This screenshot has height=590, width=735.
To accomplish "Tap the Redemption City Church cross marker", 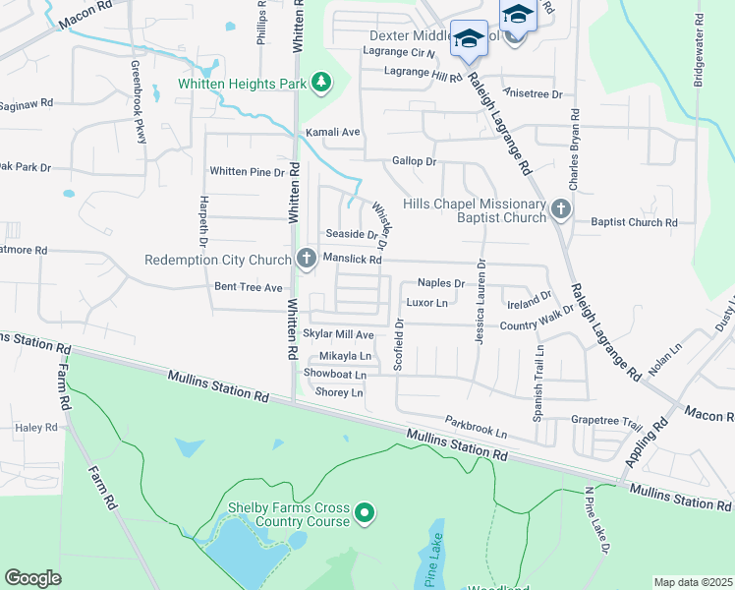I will coord(306,260).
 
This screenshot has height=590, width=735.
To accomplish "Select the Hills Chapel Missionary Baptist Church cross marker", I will coord(560,208).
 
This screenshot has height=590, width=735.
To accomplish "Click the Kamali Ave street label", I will coord(334,132).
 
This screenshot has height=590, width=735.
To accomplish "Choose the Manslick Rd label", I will coord(352,260).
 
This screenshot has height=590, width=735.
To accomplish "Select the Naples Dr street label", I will coord(440,282).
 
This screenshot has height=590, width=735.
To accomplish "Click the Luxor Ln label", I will coord(427,302).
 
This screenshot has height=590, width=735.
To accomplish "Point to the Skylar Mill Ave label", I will coord(338,335).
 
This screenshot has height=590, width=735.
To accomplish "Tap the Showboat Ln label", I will coord(335,374).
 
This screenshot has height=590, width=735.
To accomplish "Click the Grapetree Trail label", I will coord(606,421).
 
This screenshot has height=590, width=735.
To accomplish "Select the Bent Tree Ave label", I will coord(248,287).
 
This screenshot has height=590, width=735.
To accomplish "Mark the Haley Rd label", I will coord(37,428).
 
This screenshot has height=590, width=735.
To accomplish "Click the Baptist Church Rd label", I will coord(634,222).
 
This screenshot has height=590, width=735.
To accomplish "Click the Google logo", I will coord(32,578).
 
